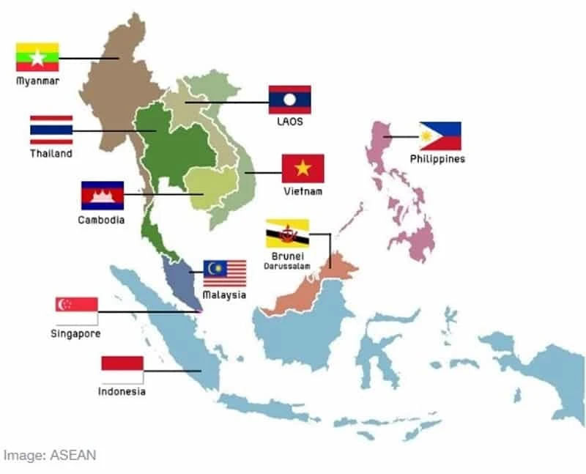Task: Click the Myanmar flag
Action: [x=37, y=57]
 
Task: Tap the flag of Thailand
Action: [x=51, y=130]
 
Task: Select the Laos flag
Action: [x=289, y=100]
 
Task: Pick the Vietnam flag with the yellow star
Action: [x=303, y=169]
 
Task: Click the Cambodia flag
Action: [x=102, y=196]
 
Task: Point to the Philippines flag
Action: [x=439, y=136]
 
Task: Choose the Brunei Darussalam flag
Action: [x=287, y=233]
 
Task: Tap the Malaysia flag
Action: [x=224, y=273]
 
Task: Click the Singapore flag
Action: [x=76, y=311]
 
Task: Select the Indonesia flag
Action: [x=122, y=369]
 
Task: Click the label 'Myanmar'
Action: [x=37, y=81]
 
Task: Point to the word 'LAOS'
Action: [x=289, y=122]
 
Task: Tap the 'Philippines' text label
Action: [x=437, y=159]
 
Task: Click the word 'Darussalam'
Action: [x=286, y=266]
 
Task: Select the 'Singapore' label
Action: [x=76, y=334]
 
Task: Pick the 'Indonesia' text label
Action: [x=122, y=392]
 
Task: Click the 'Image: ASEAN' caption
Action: [x=49, y=455]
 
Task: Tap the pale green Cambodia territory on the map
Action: [x=211, y=187]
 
